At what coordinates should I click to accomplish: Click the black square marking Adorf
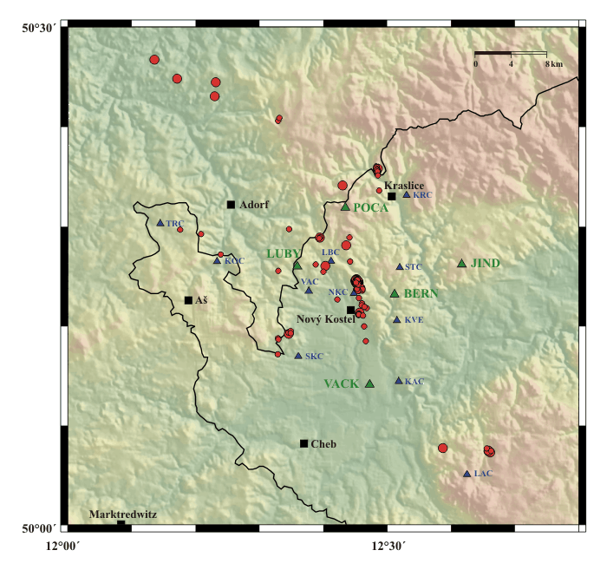point(231,205)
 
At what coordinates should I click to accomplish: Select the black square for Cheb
point(303,443)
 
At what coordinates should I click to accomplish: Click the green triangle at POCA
point(345,206)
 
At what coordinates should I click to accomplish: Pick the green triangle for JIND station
point(461,263)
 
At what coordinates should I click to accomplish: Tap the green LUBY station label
point(283,253)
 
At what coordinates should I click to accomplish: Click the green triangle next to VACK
point(369,383)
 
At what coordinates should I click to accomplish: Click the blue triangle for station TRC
point(160,223)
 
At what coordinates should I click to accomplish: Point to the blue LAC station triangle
point(467,474)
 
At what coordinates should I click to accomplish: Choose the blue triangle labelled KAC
point(398,380)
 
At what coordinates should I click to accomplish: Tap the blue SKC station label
point(314,357)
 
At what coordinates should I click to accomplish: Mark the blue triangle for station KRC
point(406,195)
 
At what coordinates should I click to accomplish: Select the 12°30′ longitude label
point(388,544)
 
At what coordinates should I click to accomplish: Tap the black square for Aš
point(188,300)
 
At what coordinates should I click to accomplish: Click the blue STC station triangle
point(399,267)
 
